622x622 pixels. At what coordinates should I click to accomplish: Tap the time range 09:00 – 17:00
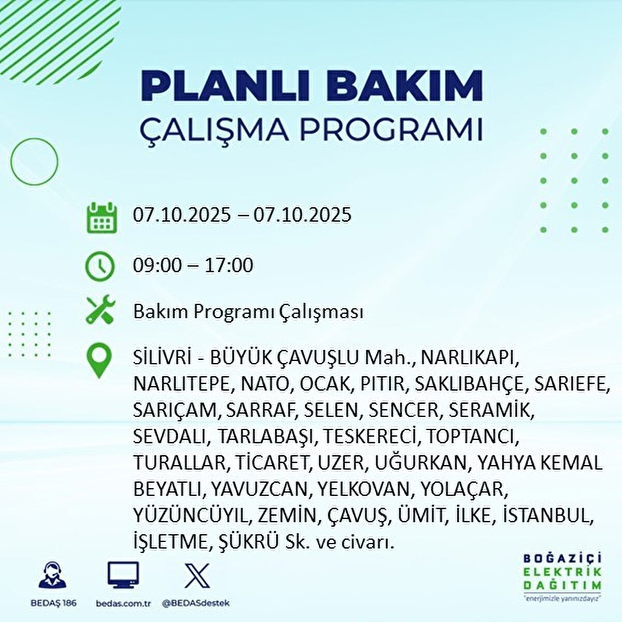(x=193, y=265)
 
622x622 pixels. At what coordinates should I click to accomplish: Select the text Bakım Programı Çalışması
(x=248, y=312)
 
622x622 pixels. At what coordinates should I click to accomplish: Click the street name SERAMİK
(x=491, y=410)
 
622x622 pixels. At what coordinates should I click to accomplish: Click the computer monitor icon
(x=123, y=575)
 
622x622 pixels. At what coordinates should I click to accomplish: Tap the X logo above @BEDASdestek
(x=197, y=575)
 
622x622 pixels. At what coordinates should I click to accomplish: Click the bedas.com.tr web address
(x=123, y=603)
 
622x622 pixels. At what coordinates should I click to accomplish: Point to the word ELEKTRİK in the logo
(x=562, y=572)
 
